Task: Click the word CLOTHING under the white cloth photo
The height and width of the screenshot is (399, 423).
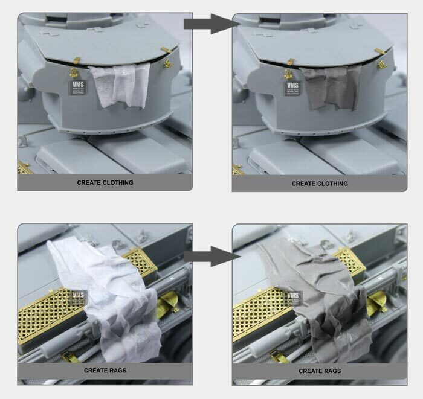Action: [x=120, y=182]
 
